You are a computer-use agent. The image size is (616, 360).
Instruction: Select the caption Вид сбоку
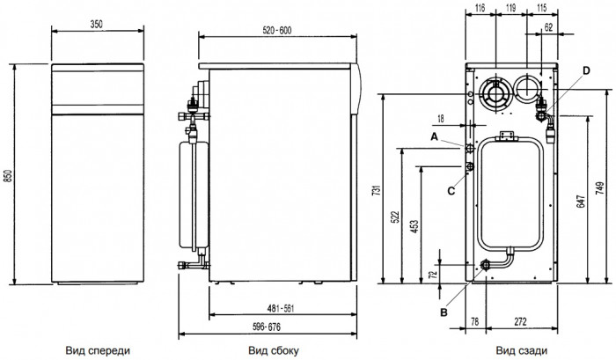tap(270, 349)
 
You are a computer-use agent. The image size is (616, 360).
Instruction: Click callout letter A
tap(434, 136)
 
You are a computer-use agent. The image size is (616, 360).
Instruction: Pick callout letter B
tap(444, 311)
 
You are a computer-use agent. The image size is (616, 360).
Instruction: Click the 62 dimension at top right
tap(547, 29)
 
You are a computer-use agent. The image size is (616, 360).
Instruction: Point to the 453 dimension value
tap(416, 228)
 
